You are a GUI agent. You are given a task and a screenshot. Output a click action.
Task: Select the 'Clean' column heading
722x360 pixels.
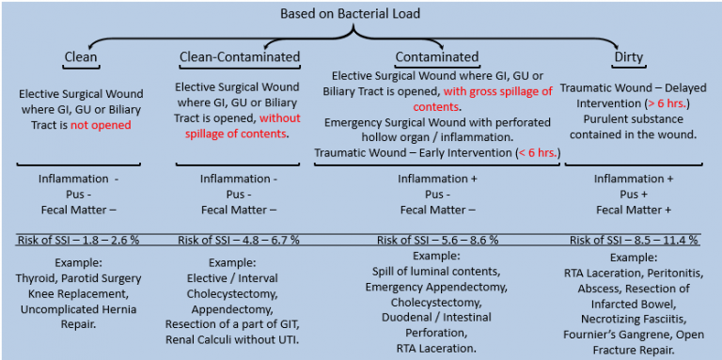click(x=81, y=57)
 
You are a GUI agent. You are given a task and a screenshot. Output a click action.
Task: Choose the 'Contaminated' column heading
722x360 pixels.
click(x=437, y=57)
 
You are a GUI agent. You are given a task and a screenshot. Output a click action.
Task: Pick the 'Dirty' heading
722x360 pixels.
click(x=629, y=57)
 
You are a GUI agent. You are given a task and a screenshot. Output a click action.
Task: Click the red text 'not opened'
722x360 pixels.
click(x=101, y=125)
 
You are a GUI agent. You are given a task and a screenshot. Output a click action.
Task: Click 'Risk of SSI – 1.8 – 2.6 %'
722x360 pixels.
click(x=79, y=240)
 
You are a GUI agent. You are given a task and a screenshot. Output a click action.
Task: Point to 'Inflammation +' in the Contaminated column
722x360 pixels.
click(x=435, y=179)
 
